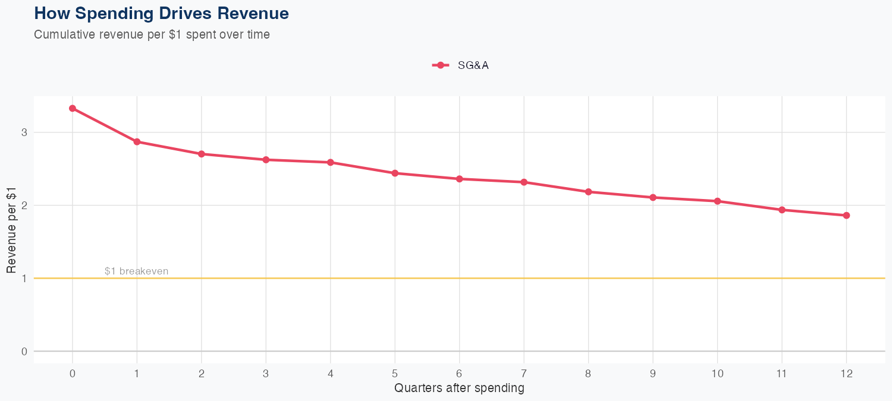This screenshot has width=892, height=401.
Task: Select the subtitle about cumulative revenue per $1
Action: click(152, 34)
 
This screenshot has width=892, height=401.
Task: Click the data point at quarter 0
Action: click(73, 108)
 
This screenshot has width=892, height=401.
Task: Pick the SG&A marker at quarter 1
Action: click(137, 141)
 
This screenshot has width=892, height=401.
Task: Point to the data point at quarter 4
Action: click(330, 162)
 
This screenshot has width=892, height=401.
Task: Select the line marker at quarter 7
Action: click(524, 182)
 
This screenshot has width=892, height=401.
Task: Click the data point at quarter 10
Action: click(717, 201)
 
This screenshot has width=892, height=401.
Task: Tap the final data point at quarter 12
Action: click(846, 215)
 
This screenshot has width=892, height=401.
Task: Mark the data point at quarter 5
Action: click(395, 173)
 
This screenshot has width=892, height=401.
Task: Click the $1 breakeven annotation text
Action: click(136, 271)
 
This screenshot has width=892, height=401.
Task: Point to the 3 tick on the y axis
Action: click(24, 132)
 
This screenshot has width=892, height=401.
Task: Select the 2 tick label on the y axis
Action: click(24, 206)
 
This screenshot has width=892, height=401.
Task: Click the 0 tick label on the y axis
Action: click(24, 351)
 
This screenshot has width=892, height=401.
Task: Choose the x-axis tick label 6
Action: click(459, 374)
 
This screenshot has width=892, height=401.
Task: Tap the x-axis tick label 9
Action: click(653, 374)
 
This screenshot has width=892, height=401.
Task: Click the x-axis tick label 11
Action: click(781, 374)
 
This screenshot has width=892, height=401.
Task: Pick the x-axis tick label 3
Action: click(266, 374)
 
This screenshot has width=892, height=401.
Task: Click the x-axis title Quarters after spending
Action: click(459, 389)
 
